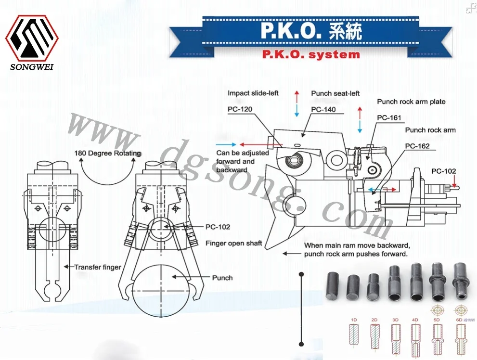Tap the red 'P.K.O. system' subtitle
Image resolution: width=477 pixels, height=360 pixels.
coord(310,54)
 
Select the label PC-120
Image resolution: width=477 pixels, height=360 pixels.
coord(240,110)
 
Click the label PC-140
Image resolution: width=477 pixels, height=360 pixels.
coord(323,110)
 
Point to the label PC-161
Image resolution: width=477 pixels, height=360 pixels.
coord(389,118)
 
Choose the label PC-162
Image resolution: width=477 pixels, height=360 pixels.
coord(417,146)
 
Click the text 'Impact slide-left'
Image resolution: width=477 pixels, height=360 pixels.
coord(253,93)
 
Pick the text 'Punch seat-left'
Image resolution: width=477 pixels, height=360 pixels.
coord(335,93)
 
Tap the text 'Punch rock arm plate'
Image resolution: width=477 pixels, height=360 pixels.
coord(411,102)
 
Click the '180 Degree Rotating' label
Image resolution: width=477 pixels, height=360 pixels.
coord(107,154)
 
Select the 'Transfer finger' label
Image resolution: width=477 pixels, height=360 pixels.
coord(97,267)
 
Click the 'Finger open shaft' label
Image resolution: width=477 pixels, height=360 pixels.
coord(233,243)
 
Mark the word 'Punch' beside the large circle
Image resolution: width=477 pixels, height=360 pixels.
coord(222,278)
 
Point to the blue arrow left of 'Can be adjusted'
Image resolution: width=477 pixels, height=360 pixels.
coord(225,144)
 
